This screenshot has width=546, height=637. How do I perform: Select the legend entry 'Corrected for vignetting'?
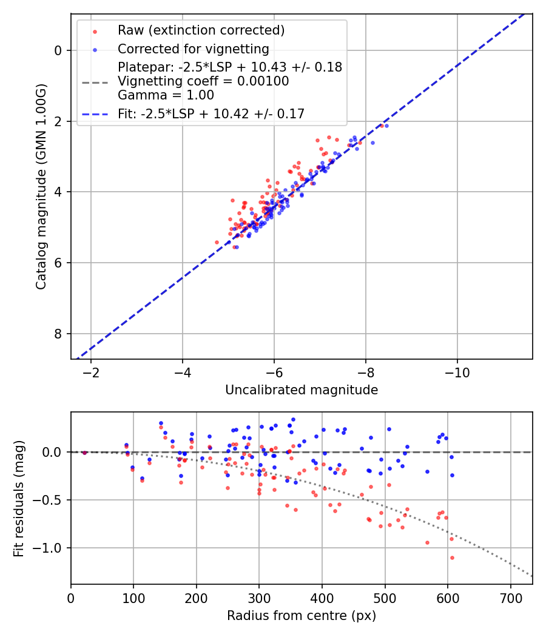pyautogui.click(x=194, y=49)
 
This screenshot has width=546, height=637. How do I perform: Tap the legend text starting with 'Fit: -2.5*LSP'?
pyautogui.click(x=211, y=113)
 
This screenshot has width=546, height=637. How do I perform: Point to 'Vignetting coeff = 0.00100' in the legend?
pyautogui.click(x=203, y=81)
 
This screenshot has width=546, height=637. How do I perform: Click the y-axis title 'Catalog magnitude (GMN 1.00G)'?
pyautogui.click(x=41, y=186)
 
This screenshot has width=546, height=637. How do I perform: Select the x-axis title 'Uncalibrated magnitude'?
pyautogui.click(x=302, y=390)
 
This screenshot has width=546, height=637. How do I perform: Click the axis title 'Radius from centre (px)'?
pyautogui.click(x=302, y=616)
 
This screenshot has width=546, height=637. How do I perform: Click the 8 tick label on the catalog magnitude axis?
pyautogui.click(x=59, y=334)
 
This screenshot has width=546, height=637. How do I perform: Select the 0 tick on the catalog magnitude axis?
pyautogui.click(x=59, y=50)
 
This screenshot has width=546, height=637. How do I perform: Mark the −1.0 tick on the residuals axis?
pyautogui.click(x=51, y=548)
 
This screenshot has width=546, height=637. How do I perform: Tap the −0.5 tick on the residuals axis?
pyautogui.click(x=51, y=500)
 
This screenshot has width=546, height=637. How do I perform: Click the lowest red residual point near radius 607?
pyautogui.click(x=452, y=558)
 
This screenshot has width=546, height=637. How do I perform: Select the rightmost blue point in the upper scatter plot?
pyautogui.click(x=386, y=126)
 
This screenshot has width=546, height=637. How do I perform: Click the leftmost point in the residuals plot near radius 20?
pyautogui.click(x=84, y=453)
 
